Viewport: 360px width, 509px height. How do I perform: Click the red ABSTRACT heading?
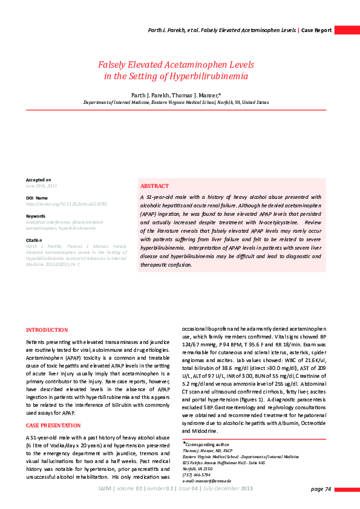pyautogui.click(x=154, y=186)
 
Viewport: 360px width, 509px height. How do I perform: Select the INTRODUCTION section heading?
pyautogui.click(x=47, y=330)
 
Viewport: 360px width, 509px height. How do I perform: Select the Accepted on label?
pyautogui.click(x=39, y=180)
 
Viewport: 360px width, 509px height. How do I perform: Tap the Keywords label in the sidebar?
pyautogui.click(x=36, y=216)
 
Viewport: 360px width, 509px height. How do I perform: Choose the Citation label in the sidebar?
pyautogui.click(x=34, y=240)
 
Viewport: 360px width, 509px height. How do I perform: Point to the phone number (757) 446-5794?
pyautogui.click(x=195, y=474)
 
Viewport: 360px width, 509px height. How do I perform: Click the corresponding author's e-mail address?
pyautogui.click(x=203, y=480)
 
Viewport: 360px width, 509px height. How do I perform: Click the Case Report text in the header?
pyautogui.click(x=316, y=30)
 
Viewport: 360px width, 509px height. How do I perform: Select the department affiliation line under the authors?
pyautogui.click(x=175, y=103)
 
